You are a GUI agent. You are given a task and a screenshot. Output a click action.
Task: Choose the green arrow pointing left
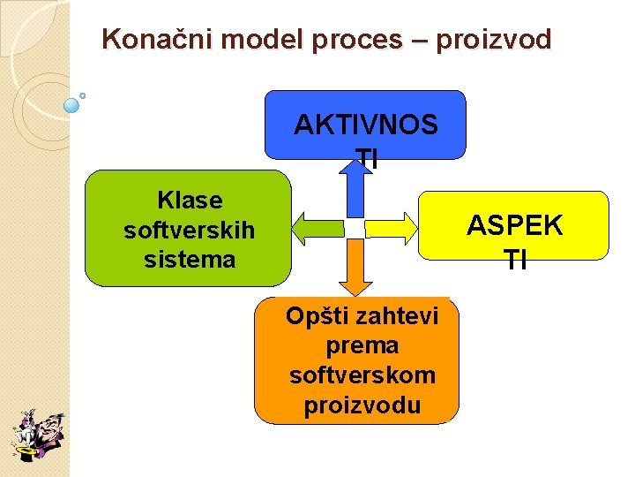pyautogui.click(x=318, y=228)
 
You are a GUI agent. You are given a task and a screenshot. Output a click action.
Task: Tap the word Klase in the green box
pyautogui.click(x=190, y=201)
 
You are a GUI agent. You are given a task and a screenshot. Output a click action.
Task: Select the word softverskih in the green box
pyautogui.click(x=190, y=231)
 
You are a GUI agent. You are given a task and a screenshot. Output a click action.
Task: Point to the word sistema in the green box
pyautogui.click(x=190, y=260)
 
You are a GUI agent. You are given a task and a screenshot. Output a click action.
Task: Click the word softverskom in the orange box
pyautogui.click(x=362, y=375)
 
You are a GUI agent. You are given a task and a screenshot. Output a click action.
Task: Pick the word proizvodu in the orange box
pyautogui.click(x=362, y=405)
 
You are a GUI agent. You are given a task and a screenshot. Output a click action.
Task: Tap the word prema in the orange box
pyautogui.click(x=362, y=344)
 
